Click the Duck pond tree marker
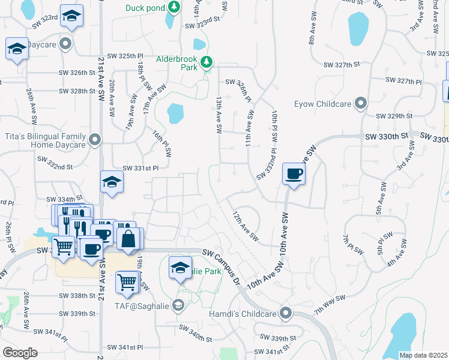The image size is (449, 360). coord(174,7)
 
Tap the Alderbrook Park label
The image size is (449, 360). coord(176,64)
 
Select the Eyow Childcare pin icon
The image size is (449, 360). coord(360,104)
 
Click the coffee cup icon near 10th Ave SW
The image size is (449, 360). coord(294,175)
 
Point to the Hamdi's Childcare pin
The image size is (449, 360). coord(286,313)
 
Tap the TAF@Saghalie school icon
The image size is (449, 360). coord(178,306)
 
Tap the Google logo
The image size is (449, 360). coord(20,352)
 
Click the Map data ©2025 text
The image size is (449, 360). coord(423,355)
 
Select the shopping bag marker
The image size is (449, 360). coord(128,238)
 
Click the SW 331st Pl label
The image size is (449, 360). coord(139,169)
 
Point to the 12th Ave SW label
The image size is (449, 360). coord(245,226)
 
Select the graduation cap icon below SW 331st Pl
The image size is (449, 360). coord(112,182)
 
